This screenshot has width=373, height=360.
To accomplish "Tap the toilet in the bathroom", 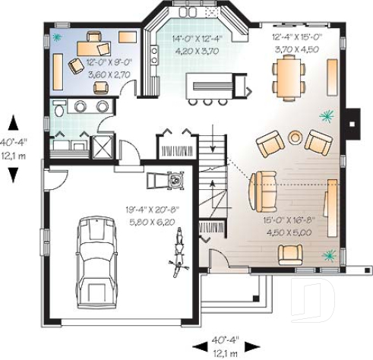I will point(59,110).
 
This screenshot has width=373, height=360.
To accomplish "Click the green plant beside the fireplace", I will point(327,115).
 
